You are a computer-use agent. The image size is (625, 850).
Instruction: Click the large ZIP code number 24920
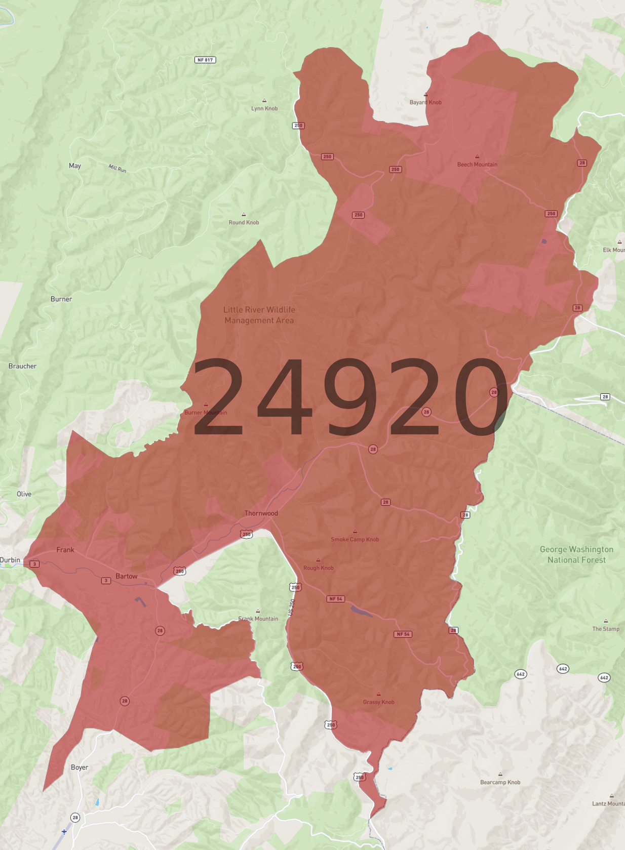(349, 397)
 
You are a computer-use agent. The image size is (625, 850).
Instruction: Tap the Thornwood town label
(261, 513)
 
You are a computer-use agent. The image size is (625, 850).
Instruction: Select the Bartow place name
(126, 576)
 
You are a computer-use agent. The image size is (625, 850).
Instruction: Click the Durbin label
(10, 560)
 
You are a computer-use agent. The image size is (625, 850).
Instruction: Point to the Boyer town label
(80, 767)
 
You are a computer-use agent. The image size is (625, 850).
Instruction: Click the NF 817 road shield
(205, 60)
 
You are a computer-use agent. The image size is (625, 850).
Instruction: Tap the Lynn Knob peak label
(264, 108)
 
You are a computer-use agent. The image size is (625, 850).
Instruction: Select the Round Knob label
(244, 222)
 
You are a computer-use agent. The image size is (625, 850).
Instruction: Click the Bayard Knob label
(425, 102)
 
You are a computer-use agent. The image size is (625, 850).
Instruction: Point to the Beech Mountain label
(477, 165)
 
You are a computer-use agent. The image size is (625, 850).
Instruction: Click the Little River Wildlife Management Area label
(259, 315)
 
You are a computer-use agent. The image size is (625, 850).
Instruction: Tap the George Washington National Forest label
(576, 555)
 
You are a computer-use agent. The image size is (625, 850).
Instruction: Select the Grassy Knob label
(378, 702)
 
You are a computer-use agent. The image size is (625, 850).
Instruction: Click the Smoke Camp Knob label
(355, 539)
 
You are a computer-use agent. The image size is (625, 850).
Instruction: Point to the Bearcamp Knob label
(500, 782)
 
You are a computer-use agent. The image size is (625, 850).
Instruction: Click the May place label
(75, 166)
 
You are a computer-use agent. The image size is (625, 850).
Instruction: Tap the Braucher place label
(22, 366)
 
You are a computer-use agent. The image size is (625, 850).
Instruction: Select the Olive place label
(24, 494)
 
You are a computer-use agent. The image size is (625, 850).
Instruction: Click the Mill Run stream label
(118, 168)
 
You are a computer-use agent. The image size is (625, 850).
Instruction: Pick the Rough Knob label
(318, 568)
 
